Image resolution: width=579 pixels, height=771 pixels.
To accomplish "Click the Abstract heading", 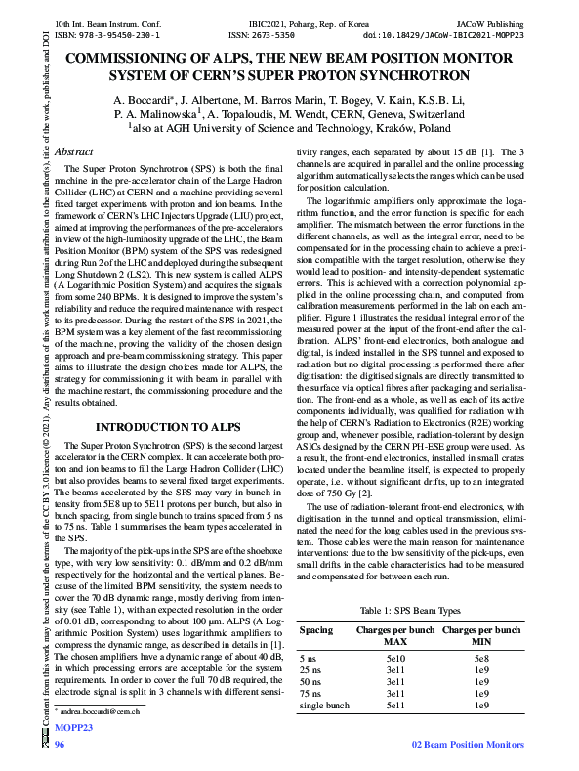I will click(74, 152).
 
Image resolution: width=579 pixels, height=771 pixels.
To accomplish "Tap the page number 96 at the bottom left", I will click(60, 745).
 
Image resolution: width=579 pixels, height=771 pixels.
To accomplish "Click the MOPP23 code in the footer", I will click(73, 728).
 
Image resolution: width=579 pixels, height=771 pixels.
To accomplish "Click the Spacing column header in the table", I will click(315, 630).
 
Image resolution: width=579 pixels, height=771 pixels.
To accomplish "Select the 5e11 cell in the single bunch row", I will click(395, 705).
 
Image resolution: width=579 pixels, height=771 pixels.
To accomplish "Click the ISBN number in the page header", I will click(107, 33).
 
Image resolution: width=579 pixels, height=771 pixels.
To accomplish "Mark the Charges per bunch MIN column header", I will click(480, 636).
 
